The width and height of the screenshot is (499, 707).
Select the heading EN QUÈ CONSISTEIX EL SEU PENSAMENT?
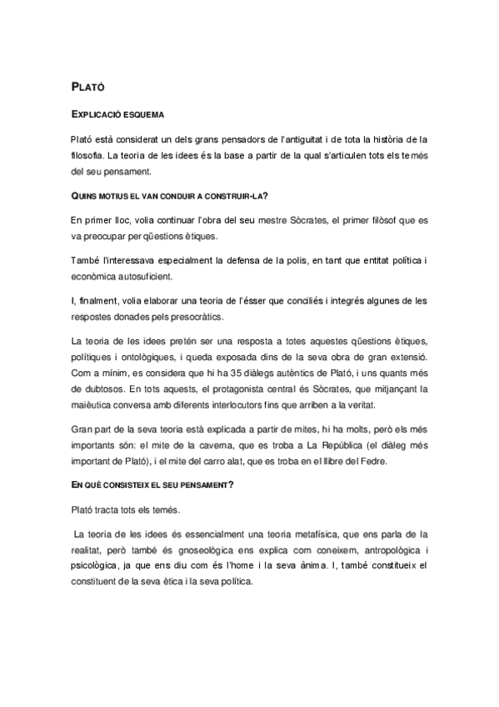click(x=163, y=485)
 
